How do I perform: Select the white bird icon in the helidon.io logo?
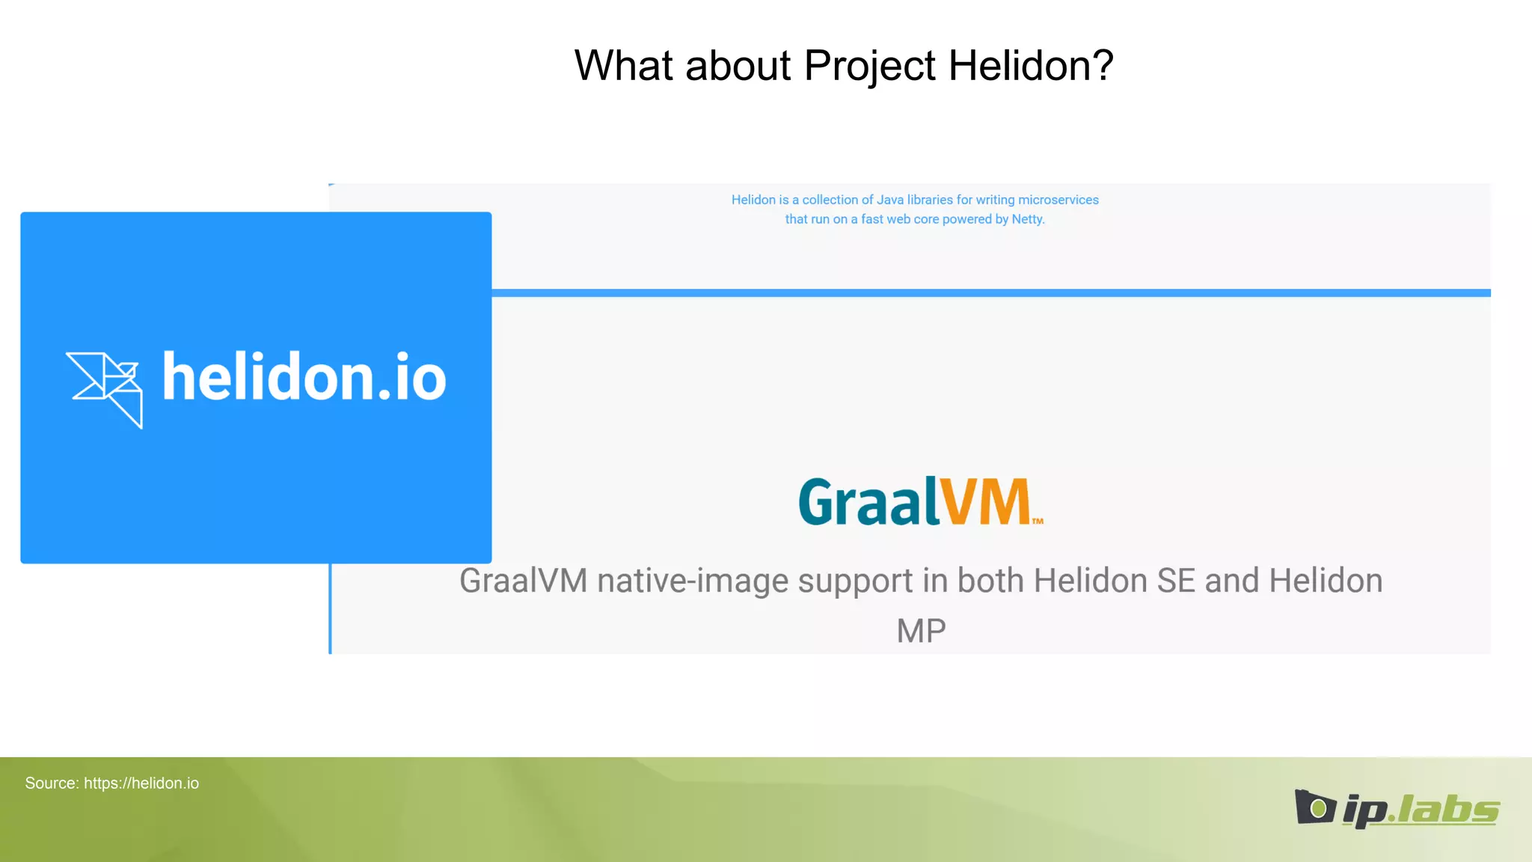(x=105, y=388)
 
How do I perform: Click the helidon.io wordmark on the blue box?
(x=304, y=377)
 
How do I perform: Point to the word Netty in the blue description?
(x=1027, y=219)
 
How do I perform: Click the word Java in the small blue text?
(x=889, y=200)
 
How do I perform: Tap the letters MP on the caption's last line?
(x=921, y=631)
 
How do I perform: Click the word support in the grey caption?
(x=855, y=582)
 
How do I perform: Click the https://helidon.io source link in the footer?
(x=141, y=783)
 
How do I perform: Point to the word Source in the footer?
(x=51, y=783)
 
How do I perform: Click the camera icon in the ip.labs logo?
(x=1314, y=807)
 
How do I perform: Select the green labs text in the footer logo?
(x=1447, y=810)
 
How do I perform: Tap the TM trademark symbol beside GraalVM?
(x=1038, y=521)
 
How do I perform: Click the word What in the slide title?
(x=623, y=66)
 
